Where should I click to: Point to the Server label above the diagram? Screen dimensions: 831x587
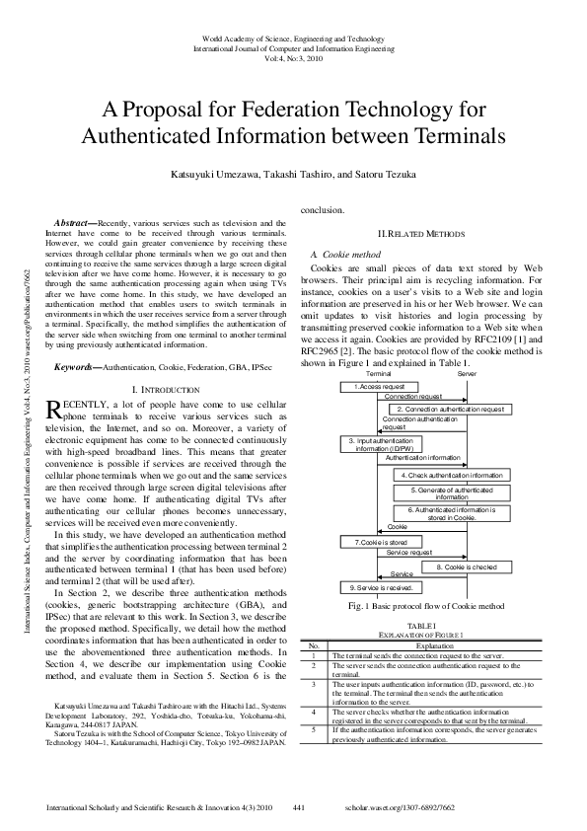coord(467,375)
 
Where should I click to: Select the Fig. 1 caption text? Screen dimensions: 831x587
coord(421,605)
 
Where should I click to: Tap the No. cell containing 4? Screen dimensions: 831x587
coord(314,712)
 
